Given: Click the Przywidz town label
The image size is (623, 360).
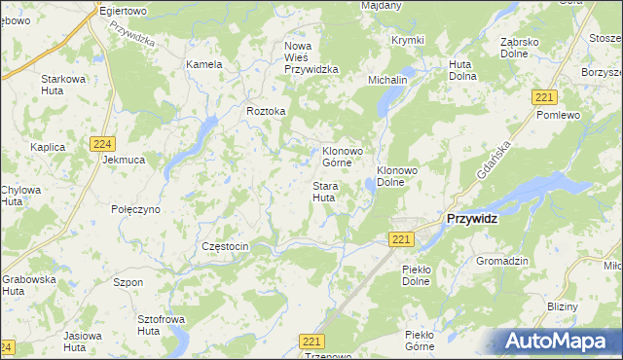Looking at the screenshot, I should (x=471, y=219).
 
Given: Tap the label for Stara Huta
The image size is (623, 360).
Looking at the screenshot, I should (x=324, y=192).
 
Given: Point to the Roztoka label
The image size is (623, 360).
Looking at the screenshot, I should (x=266, y=111).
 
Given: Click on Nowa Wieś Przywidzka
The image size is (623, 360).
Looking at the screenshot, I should (x=311, y=57).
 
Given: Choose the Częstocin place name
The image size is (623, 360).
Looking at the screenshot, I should (x=225, y=247).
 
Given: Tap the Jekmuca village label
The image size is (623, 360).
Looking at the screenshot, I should (x=124, y=159).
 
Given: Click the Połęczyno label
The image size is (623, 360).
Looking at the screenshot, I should (x=135, y=209).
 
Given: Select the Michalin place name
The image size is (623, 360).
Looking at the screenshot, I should (x=386, y=79).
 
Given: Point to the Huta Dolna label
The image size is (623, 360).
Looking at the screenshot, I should (x=460, y=70).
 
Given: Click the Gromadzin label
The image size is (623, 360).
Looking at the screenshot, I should (x=501, y=261).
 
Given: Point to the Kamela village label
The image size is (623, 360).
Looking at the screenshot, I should (x=204, y=64).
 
